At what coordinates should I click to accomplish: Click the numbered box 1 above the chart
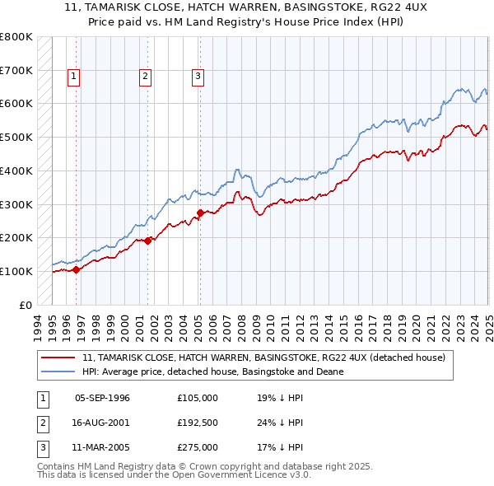click(74, 77)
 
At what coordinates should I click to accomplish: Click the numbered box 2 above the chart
click(145, 77)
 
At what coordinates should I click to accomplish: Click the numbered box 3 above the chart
click(198, 77)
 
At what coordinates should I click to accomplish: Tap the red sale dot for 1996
click(76, 269)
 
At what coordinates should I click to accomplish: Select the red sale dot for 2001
click(147, 241)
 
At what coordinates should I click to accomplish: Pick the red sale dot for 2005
click(200, 213)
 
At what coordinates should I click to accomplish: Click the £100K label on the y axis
click(16, 271)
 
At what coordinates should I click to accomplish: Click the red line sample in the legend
click(59, 357)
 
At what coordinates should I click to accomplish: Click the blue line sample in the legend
click(59, 372)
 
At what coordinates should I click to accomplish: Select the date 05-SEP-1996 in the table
click(102, 398)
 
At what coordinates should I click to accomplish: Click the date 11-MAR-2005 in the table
click(102, 447)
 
